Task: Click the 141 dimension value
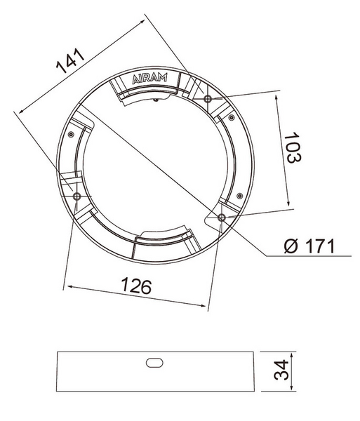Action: (70, 61)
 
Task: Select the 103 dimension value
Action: (293, 147)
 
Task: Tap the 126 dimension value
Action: (136, 286)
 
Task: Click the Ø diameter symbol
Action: (291, 246)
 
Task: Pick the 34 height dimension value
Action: (281, 370)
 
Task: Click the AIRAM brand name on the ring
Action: (149, 79)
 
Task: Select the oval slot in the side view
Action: (154, 363)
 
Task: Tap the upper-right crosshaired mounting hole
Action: (208, 99)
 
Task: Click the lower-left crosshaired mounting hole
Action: (76, 196)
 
